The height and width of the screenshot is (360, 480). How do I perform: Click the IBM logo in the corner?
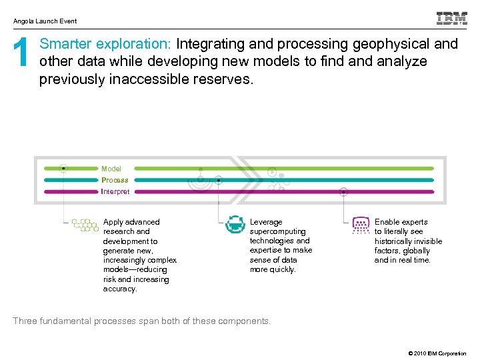click(x=451, y=19)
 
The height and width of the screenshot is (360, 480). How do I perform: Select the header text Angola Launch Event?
click(x=45, y=21)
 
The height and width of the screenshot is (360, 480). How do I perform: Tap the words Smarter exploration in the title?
click(x=105, y=45)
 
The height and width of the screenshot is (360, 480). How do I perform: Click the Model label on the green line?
click(x=111, y=169)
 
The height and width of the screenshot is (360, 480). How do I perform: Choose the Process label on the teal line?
click(x=115, y=180)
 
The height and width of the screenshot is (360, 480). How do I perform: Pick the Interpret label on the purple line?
click(x=115, y=192)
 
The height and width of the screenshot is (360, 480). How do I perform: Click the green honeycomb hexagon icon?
click(x=85, y=225)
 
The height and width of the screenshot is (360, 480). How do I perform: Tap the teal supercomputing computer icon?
click(x=235, y=224)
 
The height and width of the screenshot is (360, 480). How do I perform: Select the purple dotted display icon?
click(x=361, y=225)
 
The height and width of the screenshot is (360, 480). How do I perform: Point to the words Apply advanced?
click(x=131, y=222)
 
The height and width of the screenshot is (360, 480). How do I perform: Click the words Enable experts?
click(x=401, y=222)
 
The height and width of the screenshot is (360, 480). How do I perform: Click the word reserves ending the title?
click(x=229, y=79)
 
